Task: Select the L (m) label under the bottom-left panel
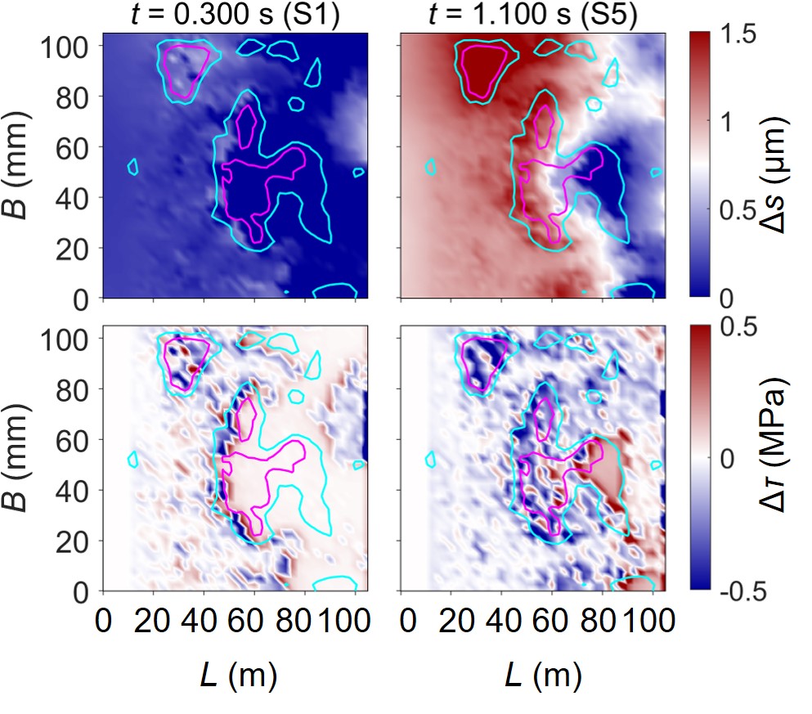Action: pyautogui.click(x=238, y=677)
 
